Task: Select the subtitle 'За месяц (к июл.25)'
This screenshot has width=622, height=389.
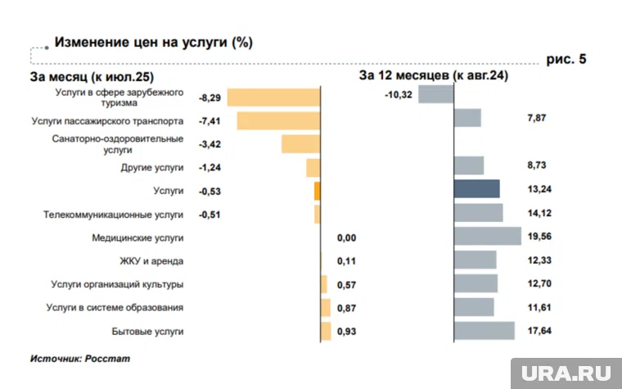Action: (92, 78)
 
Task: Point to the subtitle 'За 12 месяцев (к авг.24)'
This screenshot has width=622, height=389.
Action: (434, 75)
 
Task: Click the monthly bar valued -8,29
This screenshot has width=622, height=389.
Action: (273, 97)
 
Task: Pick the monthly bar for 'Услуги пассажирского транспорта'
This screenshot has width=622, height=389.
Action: (278, 121)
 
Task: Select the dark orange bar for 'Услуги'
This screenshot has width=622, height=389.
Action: (317, 191)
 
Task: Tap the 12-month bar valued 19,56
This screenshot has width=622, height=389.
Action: (487, 237)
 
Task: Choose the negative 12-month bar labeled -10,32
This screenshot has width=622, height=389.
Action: (435, 94)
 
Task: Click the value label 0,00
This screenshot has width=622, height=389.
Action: (348, 237)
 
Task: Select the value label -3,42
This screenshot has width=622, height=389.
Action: (210, 144)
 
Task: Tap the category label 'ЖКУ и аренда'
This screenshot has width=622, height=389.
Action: (151, 261)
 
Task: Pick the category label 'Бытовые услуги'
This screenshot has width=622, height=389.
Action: (147, 331)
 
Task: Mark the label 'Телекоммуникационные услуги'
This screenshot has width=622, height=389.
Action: (114, 215)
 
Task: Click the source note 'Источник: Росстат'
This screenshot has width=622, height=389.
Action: (80, 359)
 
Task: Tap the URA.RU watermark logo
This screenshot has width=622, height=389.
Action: (565, 373)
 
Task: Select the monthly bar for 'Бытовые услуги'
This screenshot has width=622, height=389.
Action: (326, 331)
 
